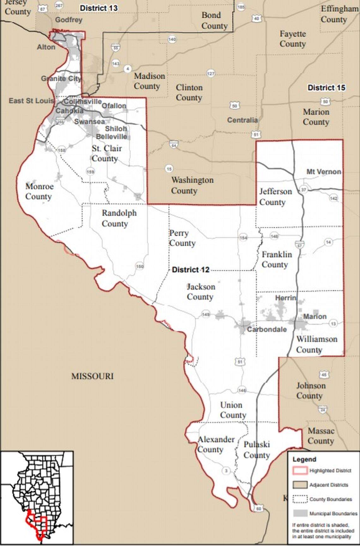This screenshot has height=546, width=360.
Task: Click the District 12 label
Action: coord(190,270)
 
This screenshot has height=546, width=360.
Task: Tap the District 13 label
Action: coord(99,8)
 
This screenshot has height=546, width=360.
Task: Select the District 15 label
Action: coord(326,87)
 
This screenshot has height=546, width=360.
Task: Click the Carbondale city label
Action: coord(267,329)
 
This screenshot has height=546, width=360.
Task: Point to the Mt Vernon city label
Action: coord(324,172)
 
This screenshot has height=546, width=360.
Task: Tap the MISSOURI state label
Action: coord(92,376)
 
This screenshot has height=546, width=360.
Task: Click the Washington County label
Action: coord(192,185)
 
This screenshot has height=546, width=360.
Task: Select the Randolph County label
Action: coord(119,218)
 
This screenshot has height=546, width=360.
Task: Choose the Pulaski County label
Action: coord(256,449)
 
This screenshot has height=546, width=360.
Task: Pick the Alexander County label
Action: coord(216,444)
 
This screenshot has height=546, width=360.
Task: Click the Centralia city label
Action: coord(242,120)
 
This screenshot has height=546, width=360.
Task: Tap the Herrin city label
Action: coord(285,298)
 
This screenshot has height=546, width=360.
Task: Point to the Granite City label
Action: coord(61,78)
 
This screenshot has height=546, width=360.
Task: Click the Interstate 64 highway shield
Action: coord(174,144)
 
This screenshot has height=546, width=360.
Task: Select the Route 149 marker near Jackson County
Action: coord(206,314)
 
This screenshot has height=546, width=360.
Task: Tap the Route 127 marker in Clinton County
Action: coord(211,73)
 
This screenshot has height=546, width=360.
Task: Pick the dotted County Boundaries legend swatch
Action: coord(299,499)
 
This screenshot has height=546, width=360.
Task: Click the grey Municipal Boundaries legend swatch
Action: coord(299,513)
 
